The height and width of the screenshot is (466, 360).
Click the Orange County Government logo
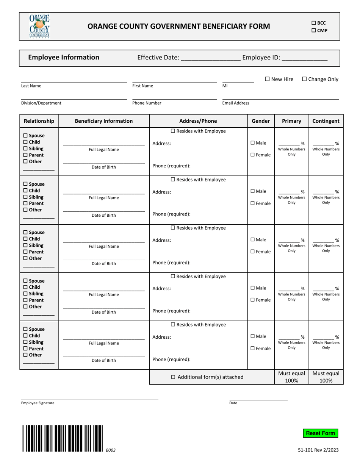40,26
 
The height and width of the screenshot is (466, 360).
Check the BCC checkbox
314,23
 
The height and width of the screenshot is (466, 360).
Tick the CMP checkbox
314,31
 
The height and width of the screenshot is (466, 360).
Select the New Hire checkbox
267,79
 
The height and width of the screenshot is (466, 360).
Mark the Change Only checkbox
304,79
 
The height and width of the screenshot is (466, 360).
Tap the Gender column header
261,121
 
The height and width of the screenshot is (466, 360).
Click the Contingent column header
326,121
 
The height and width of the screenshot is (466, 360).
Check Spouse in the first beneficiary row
26,136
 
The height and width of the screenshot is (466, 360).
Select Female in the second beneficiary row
253,203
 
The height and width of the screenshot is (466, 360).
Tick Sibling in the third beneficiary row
26,246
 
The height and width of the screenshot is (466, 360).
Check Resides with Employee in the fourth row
173,277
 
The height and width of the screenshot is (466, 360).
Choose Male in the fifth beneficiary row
253,336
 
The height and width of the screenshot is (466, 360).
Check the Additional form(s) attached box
174,377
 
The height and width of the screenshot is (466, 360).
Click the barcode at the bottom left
63,438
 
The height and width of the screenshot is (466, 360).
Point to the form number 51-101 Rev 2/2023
318,450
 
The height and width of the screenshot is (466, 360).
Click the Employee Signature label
38,403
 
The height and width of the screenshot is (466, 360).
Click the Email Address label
236,103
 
